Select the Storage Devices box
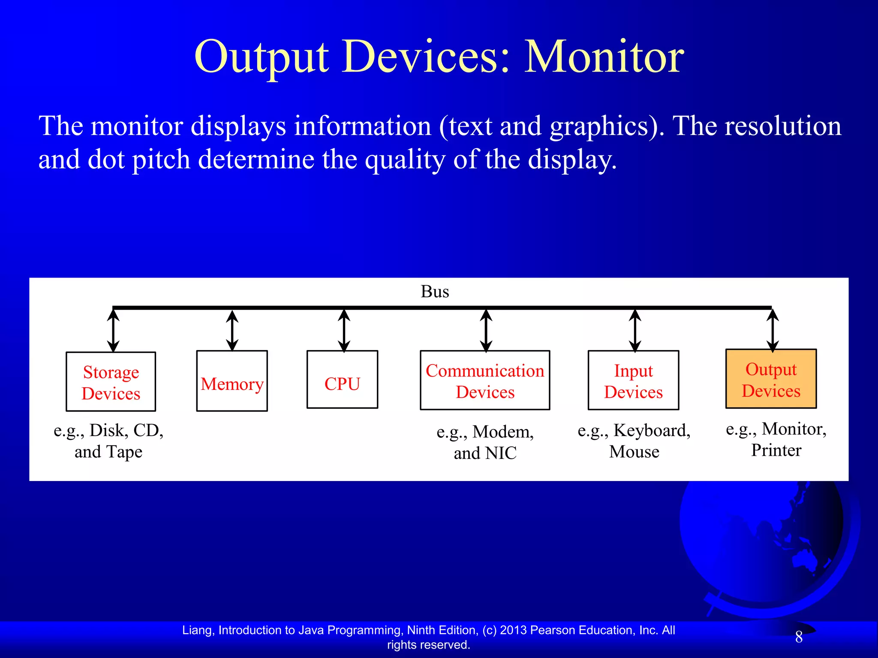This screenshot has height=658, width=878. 111,382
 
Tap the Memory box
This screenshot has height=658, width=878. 232,381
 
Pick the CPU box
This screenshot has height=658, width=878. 342,380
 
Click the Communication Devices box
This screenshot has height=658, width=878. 485,380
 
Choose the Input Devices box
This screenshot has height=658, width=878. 633,380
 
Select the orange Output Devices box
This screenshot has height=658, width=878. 771,379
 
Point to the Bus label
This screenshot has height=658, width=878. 435,292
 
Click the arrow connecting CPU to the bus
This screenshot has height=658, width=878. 344,330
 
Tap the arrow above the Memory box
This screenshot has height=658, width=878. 232,330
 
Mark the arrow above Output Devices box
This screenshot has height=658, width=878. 773,330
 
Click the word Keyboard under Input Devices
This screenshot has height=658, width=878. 651,430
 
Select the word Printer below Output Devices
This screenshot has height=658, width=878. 776,450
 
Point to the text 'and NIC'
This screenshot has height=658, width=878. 485,453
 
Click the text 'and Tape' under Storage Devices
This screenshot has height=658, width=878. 108,452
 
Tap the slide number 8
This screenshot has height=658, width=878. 799,637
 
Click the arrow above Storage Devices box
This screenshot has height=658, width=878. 113,330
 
